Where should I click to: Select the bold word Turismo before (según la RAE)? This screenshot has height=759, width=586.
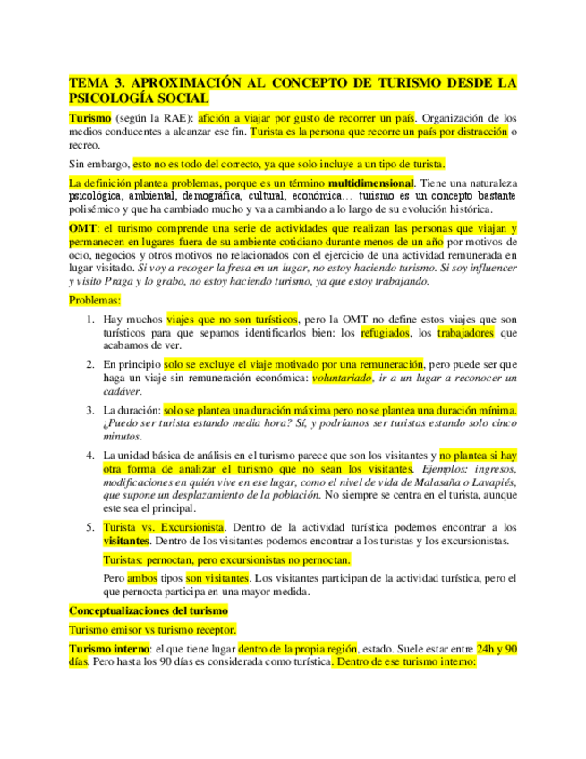tap(90, 118)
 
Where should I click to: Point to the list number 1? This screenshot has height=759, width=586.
tap(90, 320)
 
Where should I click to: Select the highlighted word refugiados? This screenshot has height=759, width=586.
tap(385, 333)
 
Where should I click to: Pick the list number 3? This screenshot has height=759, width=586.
tap(90, 410)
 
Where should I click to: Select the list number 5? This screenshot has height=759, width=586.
tap(90, 527)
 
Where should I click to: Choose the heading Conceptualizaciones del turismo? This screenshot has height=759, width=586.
tap(149, 610)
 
